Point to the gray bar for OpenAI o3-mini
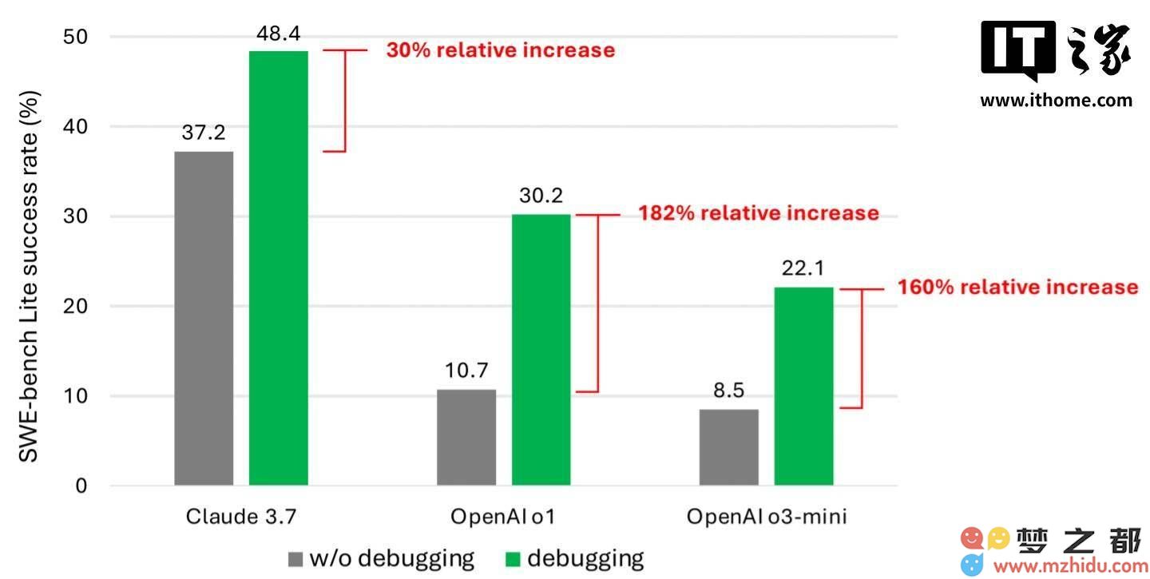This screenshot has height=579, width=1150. (x=728, y=447)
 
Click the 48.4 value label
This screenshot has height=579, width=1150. (x=278, y=34)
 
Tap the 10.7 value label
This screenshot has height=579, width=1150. (x=466, y=371)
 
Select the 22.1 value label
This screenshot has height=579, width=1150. (x=803, y=269)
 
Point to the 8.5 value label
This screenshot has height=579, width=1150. (x=728, y=391)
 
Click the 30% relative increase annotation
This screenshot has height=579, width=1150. (x=501, y=50)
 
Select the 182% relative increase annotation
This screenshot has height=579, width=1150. (x=758, y=213)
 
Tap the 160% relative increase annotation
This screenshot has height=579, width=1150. (x=1018, y=287)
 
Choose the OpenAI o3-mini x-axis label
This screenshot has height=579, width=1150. (x=767, y=517)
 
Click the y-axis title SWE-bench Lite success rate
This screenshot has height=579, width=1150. (x=30, y=276)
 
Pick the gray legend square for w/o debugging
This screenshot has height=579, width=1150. (x=295, y=558)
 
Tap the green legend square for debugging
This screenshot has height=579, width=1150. (x=513, y=558)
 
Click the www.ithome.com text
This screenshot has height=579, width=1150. (x=1056, y=101)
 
